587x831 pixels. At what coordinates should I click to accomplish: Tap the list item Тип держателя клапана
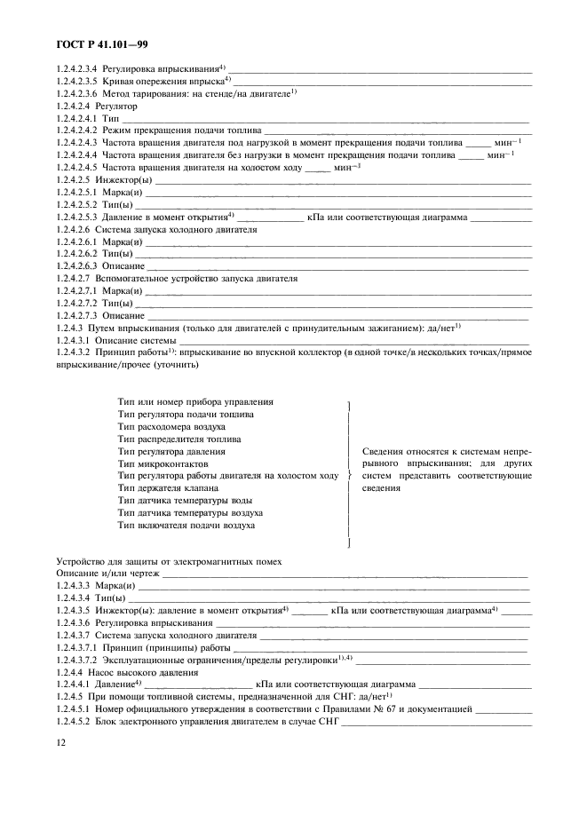(x=168, y=488)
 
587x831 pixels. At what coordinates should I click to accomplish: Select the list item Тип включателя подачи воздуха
(x=186, y=526)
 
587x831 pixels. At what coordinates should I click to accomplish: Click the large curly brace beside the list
(x=348, y=476)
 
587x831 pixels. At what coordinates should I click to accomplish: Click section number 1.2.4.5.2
(x=76, y=723)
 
